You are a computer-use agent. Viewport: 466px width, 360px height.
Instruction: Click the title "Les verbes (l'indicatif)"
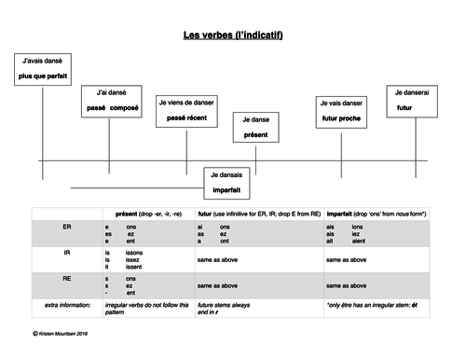233,36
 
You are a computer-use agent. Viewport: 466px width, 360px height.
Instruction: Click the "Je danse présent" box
254,128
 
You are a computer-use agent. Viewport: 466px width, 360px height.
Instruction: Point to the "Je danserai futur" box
411,100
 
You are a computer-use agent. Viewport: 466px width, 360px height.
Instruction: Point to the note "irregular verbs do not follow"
145,305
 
